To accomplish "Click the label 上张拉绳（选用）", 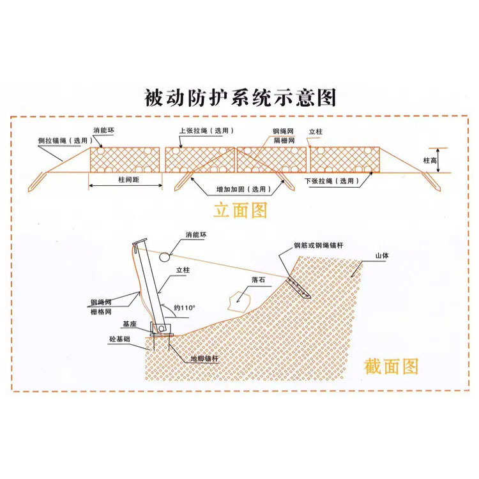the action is (207, 130).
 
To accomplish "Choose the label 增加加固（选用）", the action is (240, 190).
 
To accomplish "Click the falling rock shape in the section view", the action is (241, 298).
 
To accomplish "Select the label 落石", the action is (258, 280).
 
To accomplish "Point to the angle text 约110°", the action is (185, 308).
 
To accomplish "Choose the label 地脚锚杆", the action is (204, 359).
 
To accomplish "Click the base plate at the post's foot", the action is (161, 329).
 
